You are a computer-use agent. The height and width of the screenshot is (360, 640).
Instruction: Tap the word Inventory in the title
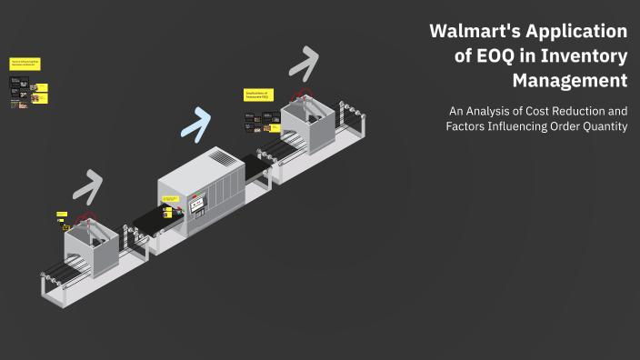click(x=585, y=56)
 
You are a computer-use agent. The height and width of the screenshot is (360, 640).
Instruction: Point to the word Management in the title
click(x=570, y=81)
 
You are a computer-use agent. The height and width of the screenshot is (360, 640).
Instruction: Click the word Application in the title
click(x=578, y=33)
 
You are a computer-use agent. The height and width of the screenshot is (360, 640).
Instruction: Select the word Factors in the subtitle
click(x=465, y=126)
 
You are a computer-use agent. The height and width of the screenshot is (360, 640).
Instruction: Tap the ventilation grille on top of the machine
click(x=221, y=158)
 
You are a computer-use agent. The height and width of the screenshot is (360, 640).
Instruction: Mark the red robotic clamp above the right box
click(x=302, y=94)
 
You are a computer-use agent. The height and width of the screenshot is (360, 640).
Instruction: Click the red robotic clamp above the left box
click(x=87, y=218)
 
